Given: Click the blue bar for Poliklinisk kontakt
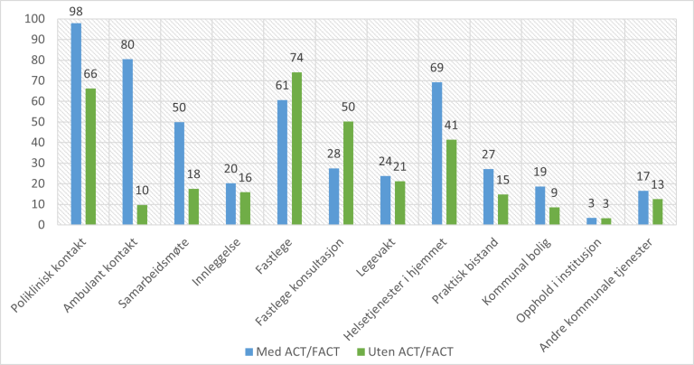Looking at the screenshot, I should (x=76, y=124).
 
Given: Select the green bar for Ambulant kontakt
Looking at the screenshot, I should (x=141, y=214).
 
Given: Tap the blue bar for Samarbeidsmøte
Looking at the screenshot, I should (x=179, y=173).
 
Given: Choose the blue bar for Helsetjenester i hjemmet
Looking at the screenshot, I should (x=437, y=154).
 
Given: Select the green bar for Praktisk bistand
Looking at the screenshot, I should (x=502, y=209).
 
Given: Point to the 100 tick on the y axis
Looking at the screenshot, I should (x=34, y=19).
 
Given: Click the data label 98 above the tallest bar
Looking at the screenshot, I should (x=76, y=11).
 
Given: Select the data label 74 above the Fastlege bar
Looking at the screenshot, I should (x=296, y=61).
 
